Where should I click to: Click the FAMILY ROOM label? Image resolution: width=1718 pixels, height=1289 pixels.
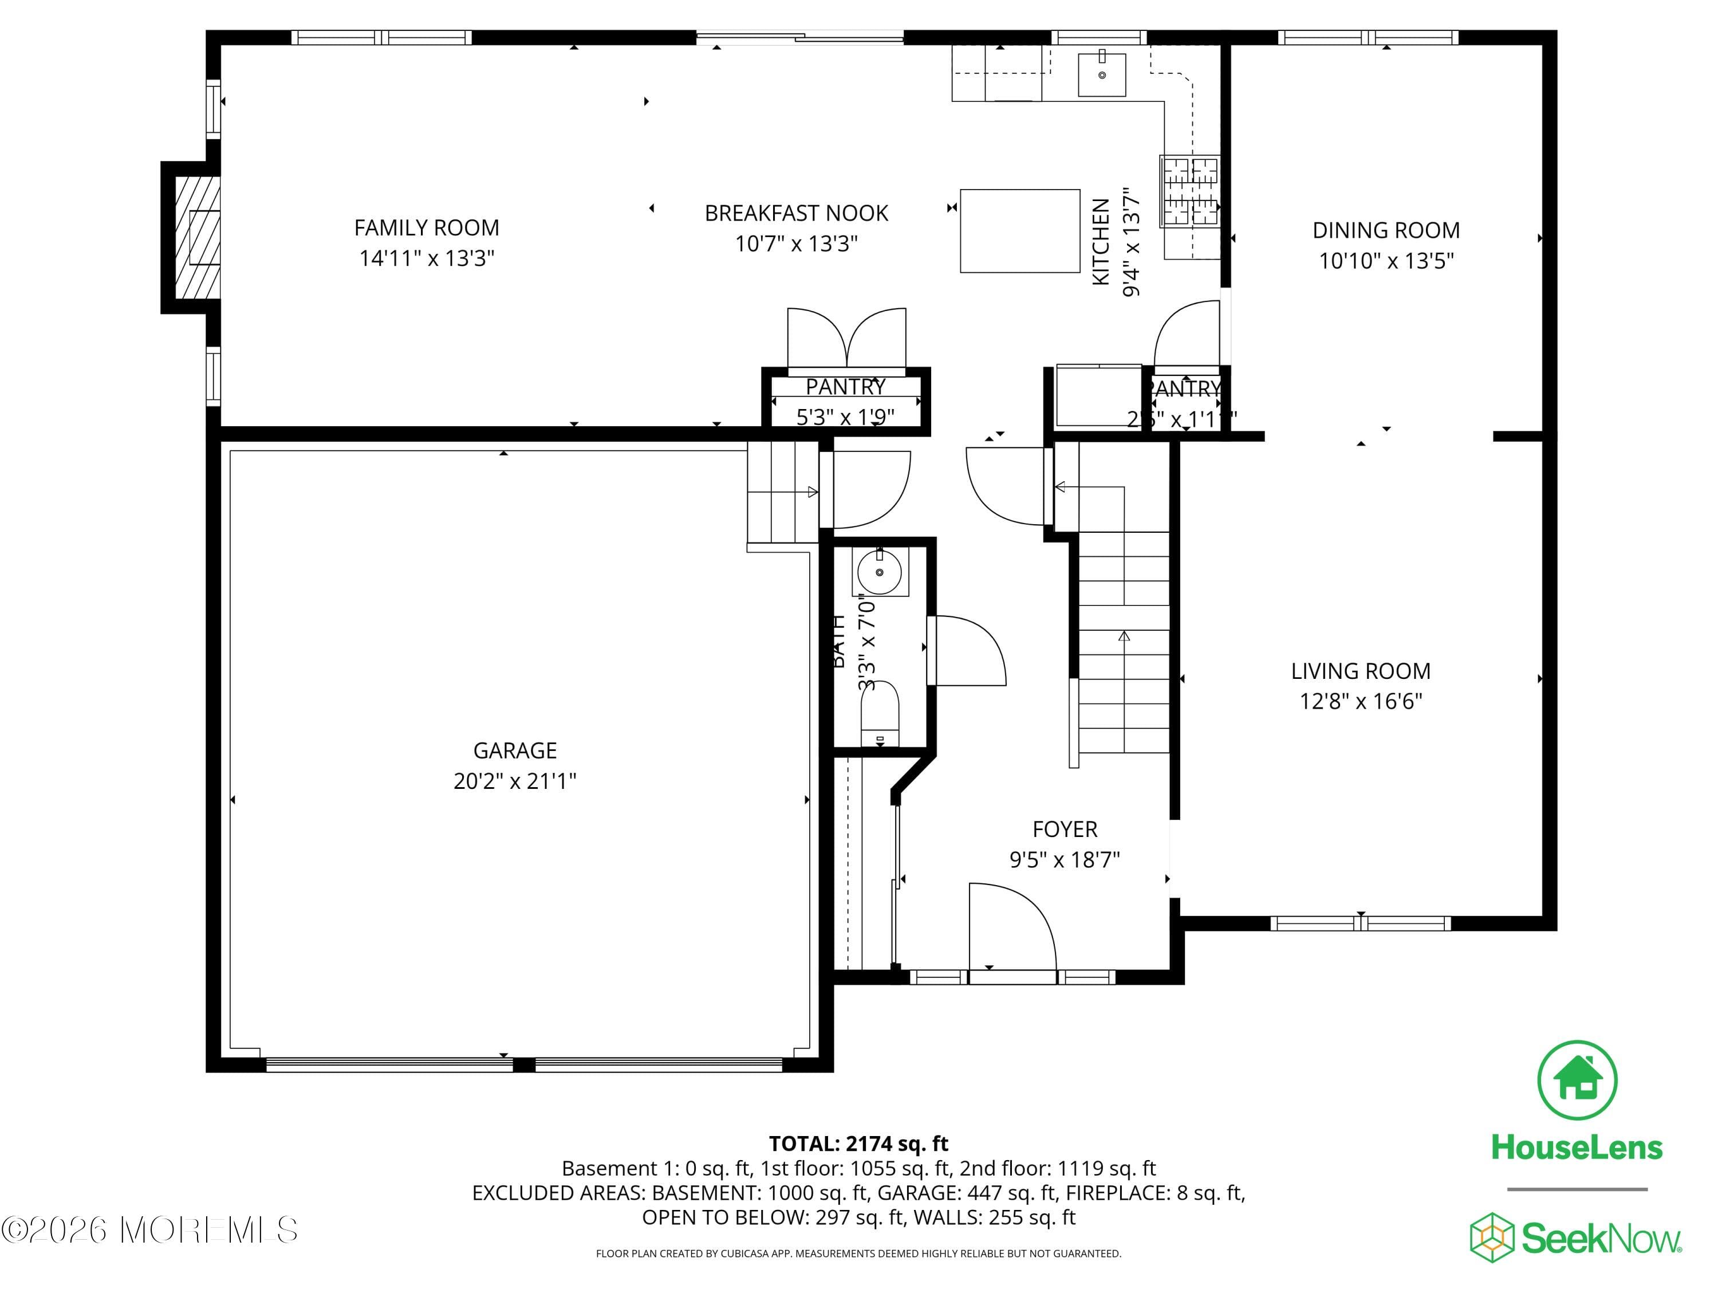click(427, 227)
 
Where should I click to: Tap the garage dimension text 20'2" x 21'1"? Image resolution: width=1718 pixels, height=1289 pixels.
click(515, 781)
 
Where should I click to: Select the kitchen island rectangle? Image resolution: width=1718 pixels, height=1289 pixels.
click(1020, 231)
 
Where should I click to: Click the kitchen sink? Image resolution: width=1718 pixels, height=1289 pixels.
click(1101, 74)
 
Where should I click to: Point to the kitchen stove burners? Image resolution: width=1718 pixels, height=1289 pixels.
click(1189, 191)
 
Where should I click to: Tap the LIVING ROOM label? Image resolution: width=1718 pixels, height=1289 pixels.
click(1360, 670)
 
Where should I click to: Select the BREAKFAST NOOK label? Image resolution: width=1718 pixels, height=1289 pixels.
click(796, 213)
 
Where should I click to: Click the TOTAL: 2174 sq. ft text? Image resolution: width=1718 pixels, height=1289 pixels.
click(858, 1143)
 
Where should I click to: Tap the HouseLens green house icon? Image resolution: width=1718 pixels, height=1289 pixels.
click(1577, 1080)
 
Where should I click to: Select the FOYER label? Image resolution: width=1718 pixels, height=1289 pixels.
click(1065, 829)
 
